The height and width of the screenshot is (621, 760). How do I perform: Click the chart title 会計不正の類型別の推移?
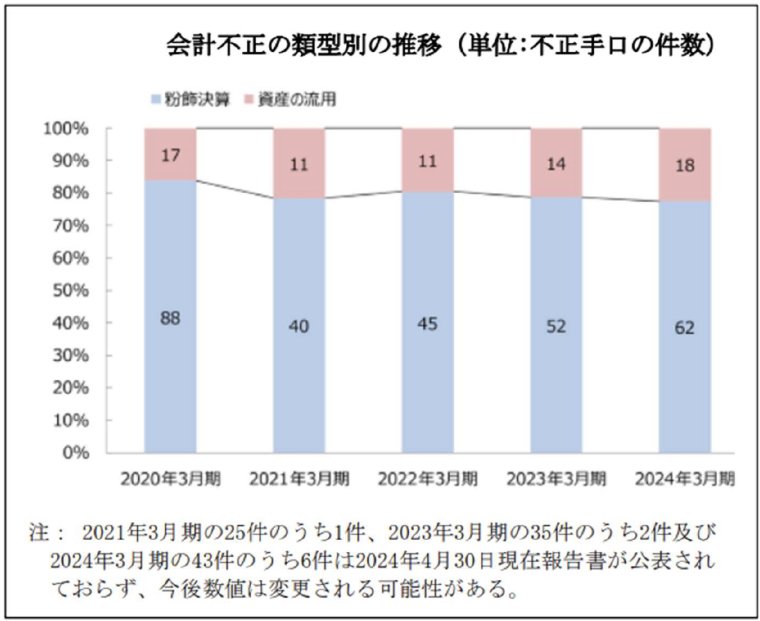304,46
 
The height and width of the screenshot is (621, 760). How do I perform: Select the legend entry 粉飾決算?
190,99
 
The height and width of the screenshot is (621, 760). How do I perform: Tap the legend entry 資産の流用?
290,99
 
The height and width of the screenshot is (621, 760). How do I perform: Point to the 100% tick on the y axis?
66,129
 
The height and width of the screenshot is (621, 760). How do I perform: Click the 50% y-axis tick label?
71,291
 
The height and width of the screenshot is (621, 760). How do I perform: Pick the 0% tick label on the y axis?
76,453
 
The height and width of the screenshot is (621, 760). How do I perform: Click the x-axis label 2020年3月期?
170,479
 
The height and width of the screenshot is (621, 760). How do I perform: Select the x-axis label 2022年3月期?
428,479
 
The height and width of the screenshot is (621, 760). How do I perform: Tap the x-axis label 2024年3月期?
685,479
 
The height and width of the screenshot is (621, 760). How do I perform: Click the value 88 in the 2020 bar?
170,318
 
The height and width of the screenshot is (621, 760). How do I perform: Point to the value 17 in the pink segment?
170,155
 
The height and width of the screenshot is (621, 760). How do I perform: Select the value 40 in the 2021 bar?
299,326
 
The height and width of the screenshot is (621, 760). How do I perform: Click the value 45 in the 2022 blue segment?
427,323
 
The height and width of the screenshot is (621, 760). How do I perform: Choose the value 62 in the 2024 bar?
684,328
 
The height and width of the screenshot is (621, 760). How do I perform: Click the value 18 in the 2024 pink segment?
685,166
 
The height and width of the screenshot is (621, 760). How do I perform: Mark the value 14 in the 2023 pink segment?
556,164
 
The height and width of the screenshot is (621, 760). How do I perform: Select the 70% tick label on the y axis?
71,226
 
